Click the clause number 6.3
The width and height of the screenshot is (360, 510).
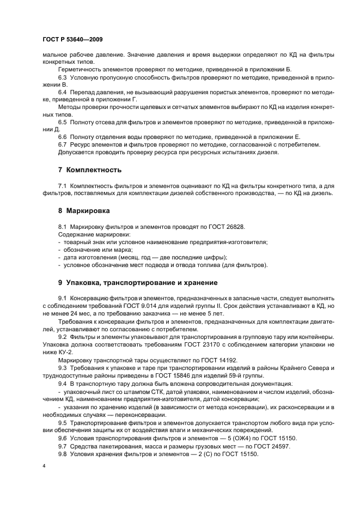point(63,78)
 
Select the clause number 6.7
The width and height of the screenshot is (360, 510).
point(63,144)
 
